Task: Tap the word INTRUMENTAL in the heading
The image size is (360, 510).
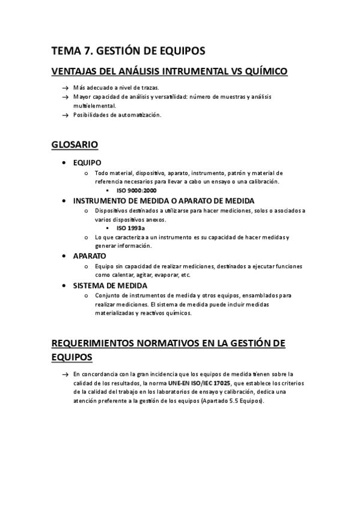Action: coord(182,72)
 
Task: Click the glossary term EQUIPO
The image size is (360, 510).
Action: coord(87,162)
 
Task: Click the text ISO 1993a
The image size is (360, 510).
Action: coord(131,228)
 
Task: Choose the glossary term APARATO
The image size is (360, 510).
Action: coord(90,256)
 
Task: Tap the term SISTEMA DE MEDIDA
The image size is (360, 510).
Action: coord(110,285)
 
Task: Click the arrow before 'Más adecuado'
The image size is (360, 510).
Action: coord(65,88)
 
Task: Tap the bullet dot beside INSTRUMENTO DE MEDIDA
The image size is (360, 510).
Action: coord(64,200)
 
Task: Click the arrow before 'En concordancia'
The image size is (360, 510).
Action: coord(65,374)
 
